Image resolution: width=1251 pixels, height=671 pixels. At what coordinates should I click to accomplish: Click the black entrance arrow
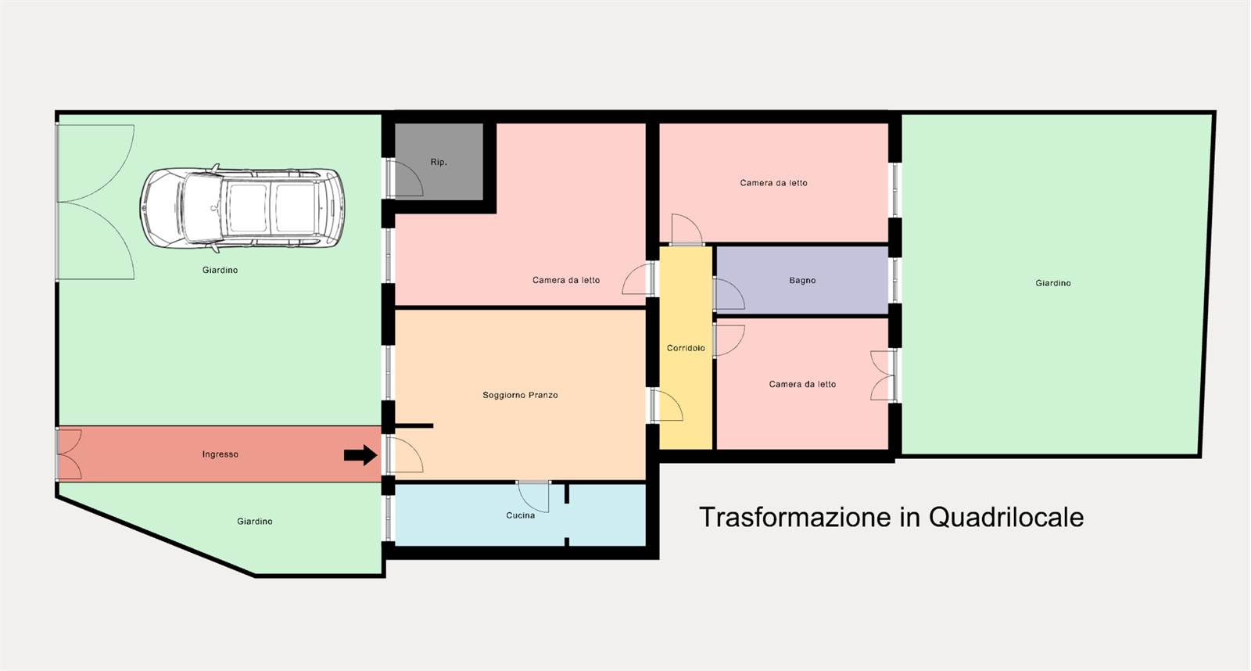point(360,455)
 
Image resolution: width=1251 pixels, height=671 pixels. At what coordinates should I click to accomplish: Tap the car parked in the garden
point(242,208)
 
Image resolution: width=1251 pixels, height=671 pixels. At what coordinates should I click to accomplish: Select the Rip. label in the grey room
point(439,162)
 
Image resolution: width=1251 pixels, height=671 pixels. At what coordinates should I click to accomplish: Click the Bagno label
point(802,281)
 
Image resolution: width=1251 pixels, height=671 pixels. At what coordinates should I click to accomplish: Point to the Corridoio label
point(686,348)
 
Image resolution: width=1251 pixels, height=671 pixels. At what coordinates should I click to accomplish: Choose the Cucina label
point(521,515)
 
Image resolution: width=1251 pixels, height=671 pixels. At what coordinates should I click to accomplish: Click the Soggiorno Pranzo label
point(520,395)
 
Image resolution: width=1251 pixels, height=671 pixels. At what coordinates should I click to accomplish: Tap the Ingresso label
point(220,454)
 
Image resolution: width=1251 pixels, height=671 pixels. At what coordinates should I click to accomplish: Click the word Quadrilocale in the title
point(1006,518)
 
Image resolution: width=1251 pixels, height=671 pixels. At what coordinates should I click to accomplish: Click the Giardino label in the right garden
point(1053,283)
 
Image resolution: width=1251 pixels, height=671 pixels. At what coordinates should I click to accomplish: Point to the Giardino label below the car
point(220,270)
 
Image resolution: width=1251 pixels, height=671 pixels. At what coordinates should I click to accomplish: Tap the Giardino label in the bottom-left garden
point(255,522)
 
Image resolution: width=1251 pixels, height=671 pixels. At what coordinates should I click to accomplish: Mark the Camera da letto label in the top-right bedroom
point(773,183)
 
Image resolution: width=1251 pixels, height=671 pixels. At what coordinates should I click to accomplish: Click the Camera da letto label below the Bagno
point(802,385)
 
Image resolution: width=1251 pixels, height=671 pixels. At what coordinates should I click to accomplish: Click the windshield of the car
point(203,208)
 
